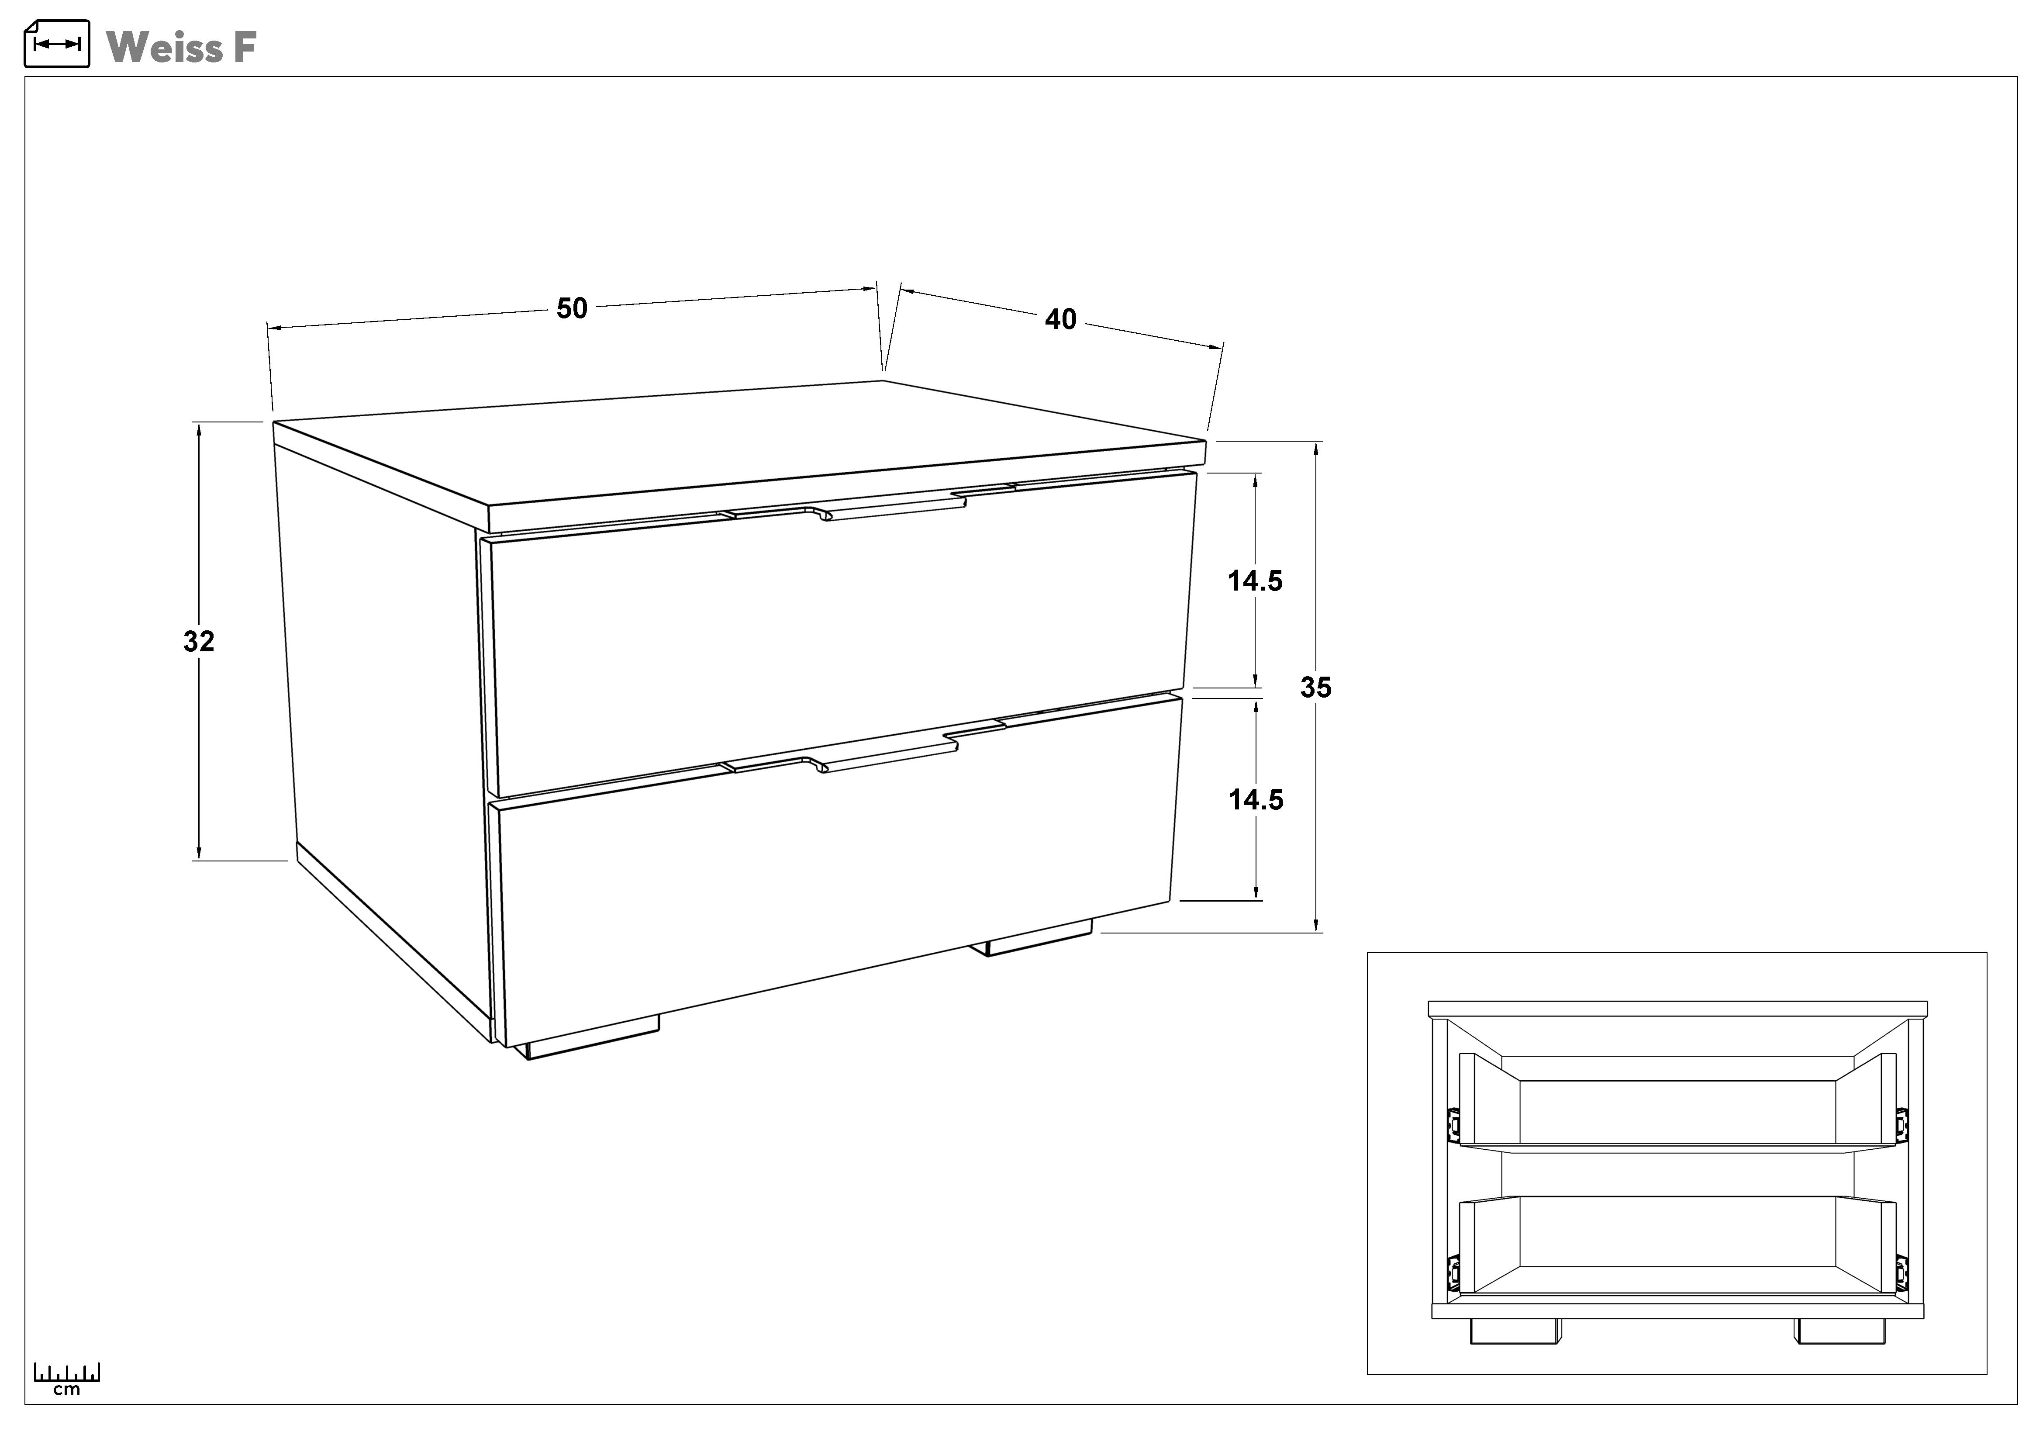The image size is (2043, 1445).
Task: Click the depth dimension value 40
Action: click(1061, 319)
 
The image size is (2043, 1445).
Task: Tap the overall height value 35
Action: click(1316, 687)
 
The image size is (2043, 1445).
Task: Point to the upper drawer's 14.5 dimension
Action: click(1256, 581)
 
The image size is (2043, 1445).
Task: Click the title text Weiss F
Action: click(182, 47)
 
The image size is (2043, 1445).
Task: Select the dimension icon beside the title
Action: click(57, 44)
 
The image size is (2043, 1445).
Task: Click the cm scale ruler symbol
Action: click(67, 1378)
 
